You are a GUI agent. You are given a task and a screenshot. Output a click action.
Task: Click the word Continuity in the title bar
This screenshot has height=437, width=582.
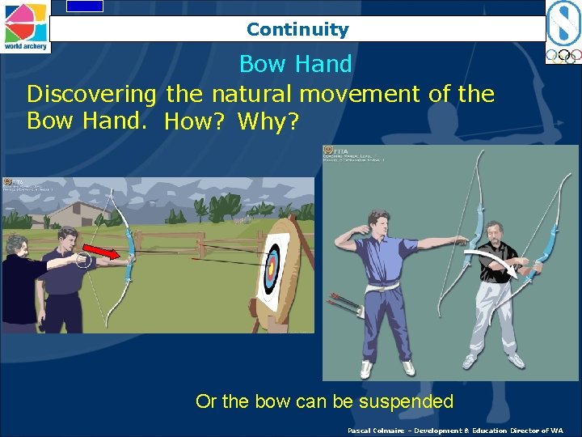pyautogui.click(x=297, y=30)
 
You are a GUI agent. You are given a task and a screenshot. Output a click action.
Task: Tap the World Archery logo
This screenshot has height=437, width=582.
pyautogui.click(x=25, y=26)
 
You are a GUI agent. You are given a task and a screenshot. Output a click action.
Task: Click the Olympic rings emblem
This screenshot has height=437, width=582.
pyautogui.click(x=563, y=56)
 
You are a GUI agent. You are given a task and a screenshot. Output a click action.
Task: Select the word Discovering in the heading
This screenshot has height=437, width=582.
pyautogui.click(x=92, y=94)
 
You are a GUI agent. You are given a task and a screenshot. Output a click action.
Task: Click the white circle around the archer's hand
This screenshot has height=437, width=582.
pyautogui.click(x=82, y=260)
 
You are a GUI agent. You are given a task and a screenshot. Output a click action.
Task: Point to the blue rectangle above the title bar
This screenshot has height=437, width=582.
pyautogui.click(x=85, y=6)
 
